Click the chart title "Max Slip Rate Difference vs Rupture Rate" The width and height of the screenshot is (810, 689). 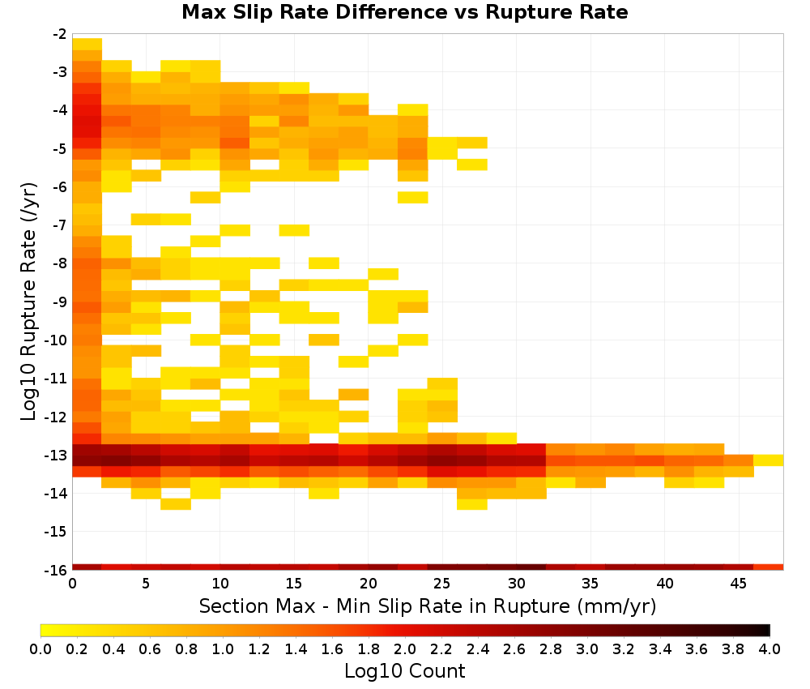point(404,12)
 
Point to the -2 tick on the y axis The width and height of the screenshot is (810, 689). point(60,34)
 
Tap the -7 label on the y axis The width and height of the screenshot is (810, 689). point(60,225)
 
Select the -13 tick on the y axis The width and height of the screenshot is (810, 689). point(57,456)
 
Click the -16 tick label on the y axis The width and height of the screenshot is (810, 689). point(57,570)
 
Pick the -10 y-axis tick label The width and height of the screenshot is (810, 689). point(57,340)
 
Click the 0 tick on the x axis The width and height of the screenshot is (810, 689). point(72,584)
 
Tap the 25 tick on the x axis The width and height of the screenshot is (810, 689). point(442,584)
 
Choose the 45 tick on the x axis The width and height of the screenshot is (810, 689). point(738,584)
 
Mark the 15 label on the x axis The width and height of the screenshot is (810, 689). point(294,584)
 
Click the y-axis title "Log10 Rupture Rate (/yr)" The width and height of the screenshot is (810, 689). point(28,302)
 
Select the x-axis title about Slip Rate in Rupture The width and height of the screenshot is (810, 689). point(428,606)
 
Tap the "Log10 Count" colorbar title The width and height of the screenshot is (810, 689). point(405,671)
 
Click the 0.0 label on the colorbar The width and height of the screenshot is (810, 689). point(40,648)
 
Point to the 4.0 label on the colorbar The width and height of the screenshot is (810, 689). point(769,648)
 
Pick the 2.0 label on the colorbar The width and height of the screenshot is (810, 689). point(405,648)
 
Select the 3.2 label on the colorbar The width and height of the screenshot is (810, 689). point(624,648)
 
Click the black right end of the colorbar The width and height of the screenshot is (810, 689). point(768,630)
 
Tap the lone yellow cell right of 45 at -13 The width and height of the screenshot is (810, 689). point(768,460)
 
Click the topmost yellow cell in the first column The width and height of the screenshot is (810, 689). point(87,44)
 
